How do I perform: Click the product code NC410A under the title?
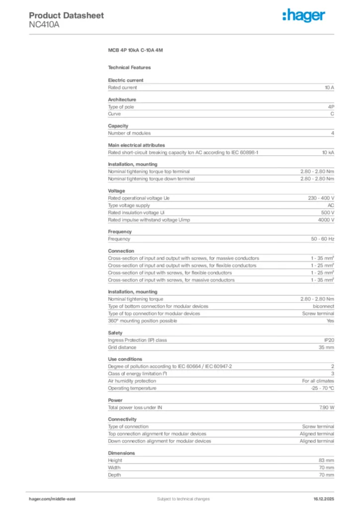[x=44, y=24]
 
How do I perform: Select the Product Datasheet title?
[x=66, y=15]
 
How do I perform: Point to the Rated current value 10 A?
[x=329, y=87]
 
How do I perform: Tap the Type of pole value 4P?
[x=331, y=107]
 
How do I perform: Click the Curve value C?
[x=332, y=114]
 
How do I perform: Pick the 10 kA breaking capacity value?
[x=328, y=152]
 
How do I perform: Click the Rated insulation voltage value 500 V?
[x=326, y=212]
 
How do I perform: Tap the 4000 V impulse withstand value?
[x=326, y=220]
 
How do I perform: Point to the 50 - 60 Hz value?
[x=322, y=239]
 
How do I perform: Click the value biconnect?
[x=323, y=306]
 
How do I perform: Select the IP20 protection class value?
[x=329, y=340]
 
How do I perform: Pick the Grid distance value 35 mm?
[x=326, y=347]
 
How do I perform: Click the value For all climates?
[x=318, y=381]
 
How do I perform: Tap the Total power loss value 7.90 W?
[x=326, y=408]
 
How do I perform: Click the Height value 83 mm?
[x=326, y=460]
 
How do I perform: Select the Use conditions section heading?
[x=125, y=359]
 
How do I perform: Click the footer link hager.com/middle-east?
[x=52, y=499]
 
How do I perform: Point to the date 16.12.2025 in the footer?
[x=324, y=499]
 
